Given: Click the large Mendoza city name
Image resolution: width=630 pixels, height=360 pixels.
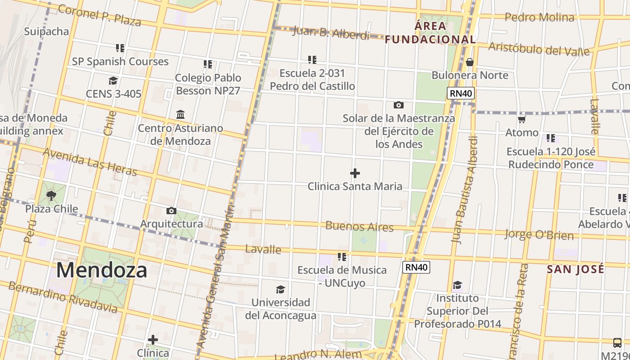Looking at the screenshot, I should pos(102,270).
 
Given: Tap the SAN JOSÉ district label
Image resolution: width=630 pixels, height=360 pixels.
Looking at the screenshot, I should pos(576,270).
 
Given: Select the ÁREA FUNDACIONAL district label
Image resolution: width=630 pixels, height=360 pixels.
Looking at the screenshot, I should pos(430,33).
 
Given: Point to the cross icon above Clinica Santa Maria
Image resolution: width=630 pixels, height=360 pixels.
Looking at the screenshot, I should pos(355,173).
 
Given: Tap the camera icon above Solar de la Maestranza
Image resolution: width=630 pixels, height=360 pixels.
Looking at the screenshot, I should pos(398,105).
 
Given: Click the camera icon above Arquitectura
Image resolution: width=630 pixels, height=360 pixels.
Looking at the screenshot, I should pos(171,211).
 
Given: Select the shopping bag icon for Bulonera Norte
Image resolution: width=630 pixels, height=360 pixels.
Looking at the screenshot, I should pos(470,62).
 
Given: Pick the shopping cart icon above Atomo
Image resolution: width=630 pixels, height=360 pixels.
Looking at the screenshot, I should pos(522,120).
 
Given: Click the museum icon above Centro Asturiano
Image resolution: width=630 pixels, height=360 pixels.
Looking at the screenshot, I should pos(180,114).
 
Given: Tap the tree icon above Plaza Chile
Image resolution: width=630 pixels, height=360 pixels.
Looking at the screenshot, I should pos(51,196).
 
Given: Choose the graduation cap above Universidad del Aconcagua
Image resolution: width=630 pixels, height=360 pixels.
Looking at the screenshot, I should pos(280,289).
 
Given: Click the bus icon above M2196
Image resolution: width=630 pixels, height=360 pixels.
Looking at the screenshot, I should pos(617,342).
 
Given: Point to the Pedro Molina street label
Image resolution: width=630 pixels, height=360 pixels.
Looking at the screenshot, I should pos(540,18).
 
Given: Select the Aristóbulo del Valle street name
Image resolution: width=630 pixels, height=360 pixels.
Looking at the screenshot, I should pos(539,49).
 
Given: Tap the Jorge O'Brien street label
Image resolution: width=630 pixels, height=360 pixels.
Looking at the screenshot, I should pos(539,234).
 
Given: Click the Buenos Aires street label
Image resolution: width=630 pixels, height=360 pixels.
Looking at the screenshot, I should pos(359,226).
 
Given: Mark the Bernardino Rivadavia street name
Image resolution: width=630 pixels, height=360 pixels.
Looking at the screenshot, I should pos(63,297).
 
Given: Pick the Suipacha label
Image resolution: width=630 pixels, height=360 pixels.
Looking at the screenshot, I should pos(46,31).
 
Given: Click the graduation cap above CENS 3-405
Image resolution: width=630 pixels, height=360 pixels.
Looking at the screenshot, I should pos(113,81).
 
